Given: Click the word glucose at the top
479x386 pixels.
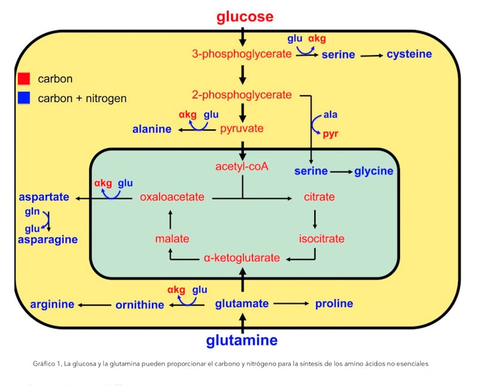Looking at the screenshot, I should pyautogui.click(x=244, y=17).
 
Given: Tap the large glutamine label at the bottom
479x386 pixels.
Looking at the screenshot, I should pyautogui.click(x=242, y=341).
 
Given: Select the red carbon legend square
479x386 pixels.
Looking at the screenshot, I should pyautogui.click(x=24, y=79).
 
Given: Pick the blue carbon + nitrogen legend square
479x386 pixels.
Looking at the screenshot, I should pyautogui.click(x=24, y=98).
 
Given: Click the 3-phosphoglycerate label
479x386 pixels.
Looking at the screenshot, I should pyautogui.click(x=242, y=54).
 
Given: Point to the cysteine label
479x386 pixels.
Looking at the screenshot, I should pyautogui.click(x=409, y=54).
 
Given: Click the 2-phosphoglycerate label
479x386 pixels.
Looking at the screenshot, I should pyautogui.click(x=242, y=95).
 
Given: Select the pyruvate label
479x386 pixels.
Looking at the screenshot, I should pyautogui.click(x=242, y=128).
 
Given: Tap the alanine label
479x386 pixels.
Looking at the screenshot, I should pyautogui.click(x=151, y=129).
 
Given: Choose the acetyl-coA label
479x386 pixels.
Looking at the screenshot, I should pyautogui.click(x=242, y=166).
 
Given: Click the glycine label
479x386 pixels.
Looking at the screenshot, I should pyautogui.click(x=374, y=171).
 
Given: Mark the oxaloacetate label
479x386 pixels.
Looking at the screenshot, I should pyautogui.click(x=172, y=197).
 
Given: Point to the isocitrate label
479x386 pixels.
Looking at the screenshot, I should pyautogui.click(x=322, y=239).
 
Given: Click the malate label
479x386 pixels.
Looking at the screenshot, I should pyautogui.click(x=172, y=239).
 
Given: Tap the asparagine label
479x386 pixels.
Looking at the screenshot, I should pyautogui.click(x=47, y=239).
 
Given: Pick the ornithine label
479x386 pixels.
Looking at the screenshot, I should pyautogui.click(x=140, y=304).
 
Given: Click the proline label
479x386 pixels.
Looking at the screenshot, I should pyautogui.click(x=334, y=303).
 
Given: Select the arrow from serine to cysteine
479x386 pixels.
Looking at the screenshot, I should pyautogui.click(x=371, y=55).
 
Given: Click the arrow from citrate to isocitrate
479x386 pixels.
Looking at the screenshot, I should pyautogui.click(x=315, y=218).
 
